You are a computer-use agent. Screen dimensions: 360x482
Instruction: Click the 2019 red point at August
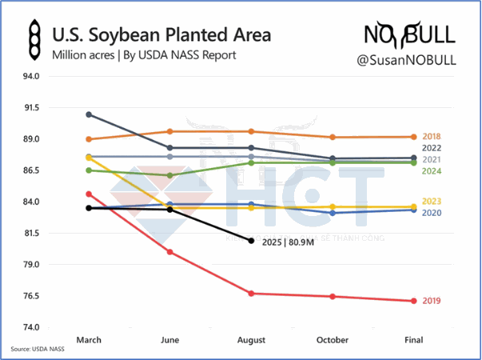(x=251, y=294)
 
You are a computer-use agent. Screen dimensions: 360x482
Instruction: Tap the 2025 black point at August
(x=251, y=241)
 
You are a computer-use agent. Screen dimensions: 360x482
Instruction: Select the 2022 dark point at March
(x=89, y=114)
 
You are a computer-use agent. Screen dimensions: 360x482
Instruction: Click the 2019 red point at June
(x=169, y=252)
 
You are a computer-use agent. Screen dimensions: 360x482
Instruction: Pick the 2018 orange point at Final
(x=413, y=137)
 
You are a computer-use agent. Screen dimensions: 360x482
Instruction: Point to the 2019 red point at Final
(x=413, y=301)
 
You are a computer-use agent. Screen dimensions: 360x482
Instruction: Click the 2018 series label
(x=432, y=137)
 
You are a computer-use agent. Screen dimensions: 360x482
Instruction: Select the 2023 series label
(x=432, y=202)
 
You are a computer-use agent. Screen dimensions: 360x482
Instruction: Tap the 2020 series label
(x=432, y=212)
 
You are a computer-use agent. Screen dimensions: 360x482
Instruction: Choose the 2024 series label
(x=432, y=171)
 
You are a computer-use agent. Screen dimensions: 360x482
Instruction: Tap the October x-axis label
(x=333, y=340)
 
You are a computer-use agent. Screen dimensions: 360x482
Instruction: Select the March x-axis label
(x=89, y=340)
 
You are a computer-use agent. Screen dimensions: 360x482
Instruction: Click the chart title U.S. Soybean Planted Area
(x=161, y=35)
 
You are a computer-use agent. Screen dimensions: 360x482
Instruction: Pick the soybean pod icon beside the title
(x=33, y=44)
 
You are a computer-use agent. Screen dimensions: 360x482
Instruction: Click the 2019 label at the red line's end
(x=432, y=301)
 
